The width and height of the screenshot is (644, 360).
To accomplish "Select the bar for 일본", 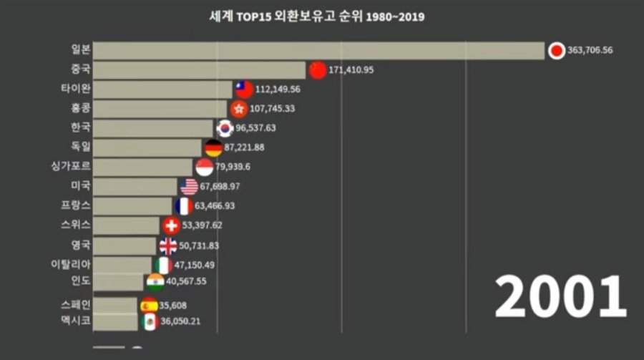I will coord(319,51).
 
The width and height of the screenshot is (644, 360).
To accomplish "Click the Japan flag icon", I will coord(557,51).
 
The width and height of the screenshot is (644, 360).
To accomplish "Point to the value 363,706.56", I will coord(590,51).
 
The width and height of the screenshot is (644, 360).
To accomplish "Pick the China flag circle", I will coord(318,70).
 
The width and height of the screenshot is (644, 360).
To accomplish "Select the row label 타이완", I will coord(75,89).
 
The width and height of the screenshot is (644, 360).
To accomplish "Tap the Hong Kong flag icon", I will coord(239,109).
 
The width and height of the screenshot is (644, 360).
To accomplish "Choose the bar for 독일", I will coord(147,147).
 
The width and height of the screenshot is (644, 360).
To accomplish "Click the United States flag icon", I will coord(189,187).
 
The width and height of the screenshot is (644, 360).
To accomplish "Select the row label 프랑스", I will coord(75,206).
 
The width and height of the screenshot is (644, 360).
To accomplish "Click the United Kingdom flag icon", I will coord(167,245).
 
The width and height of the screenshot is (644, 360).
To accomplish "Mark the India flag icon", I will coord(155,281).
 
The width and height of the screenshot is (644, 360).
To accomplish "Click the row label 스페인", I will coord(75,304).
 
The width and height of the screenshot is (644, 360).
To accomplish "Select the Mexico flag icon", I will coord(149,322).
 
